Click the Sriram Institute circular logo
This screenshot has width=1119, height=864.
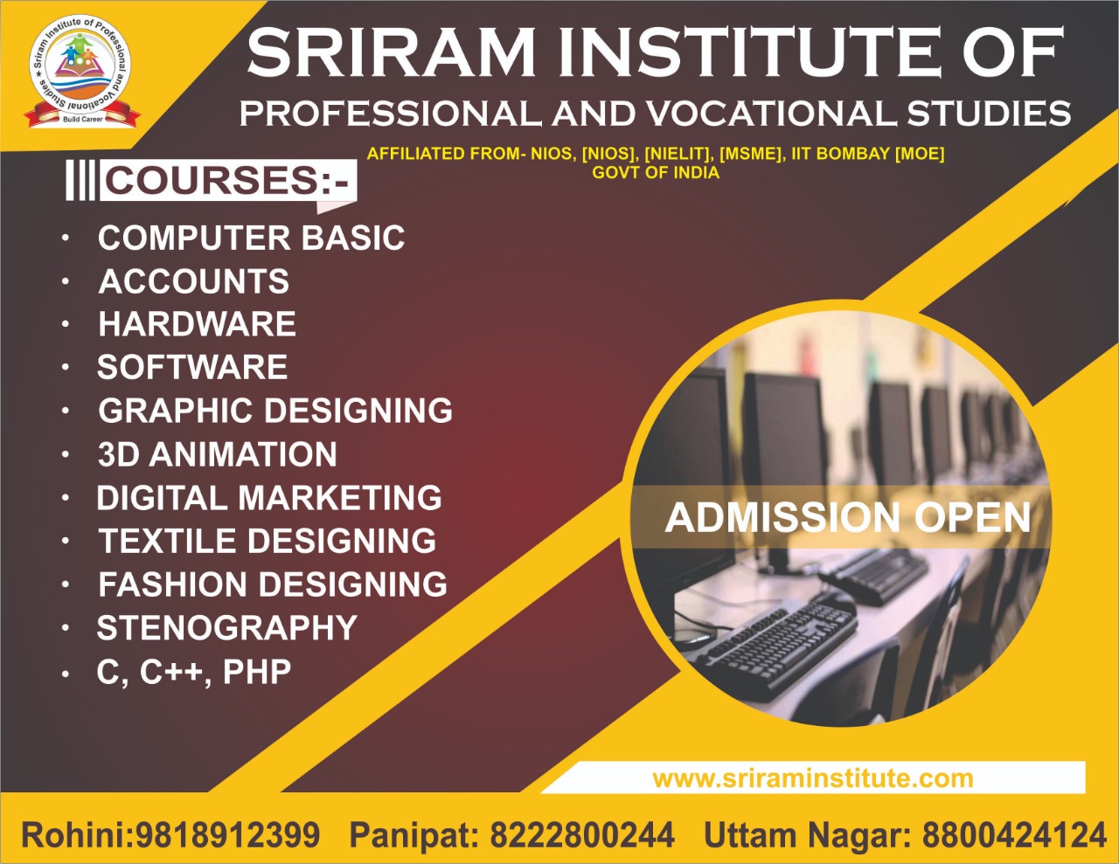point(80,71)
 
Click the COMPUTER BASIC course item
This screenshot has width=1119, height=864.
point(251,238)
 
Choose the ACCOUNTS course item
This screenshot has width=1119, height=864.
point(193,281)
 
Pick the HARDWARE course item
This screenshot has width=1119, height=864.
point(197,324)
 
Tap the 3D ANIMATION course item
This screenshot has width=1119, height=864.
point(218,454)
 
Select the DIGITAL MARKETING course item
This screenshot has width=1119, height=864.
point(269,497)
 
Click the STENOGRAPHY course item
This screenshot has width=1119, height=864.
point(227,627)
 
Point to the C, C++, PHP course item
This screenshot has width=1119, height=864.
point(194,672)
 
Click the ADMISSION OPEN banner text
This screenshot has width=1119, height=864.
point(848,518)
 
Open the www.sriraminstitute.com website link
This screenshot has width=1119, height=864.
point(813,778)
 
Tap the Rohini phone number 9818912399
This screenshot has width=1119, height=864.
point(227,834)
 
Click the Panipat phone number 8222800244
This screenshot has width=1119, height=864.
point(582,834)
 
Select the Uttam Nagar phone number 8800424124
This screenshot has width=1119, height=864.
point(1014,834)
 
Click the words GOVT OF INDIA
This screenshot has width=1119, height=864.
point(656,172)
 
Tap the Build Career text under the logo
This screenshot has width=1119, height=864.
point(83,119)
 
